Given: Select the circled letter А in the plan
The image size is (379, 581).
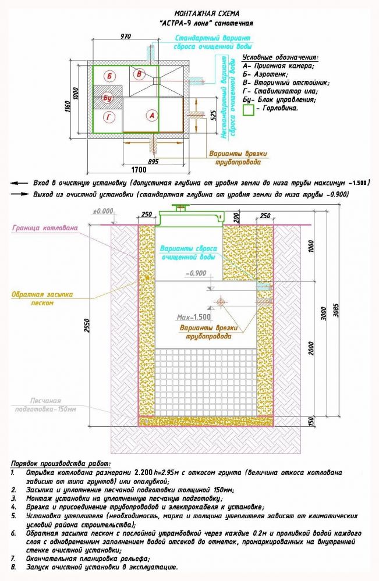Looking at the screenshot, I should click(152, 115).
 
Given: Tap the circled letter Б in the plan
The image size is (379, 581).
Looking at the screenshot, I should click(109, 76).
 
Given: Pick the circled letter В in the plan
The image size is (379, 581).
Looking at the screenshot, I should click(139, 74).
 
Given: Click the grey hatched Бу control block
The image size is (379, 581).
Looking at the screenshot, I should click(108, 98).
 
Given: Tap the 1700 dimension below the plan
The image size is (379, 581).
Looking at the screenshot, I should click(138, 170).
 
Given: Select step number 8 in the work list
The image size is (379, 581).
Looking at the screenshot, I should click(13, 567).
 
